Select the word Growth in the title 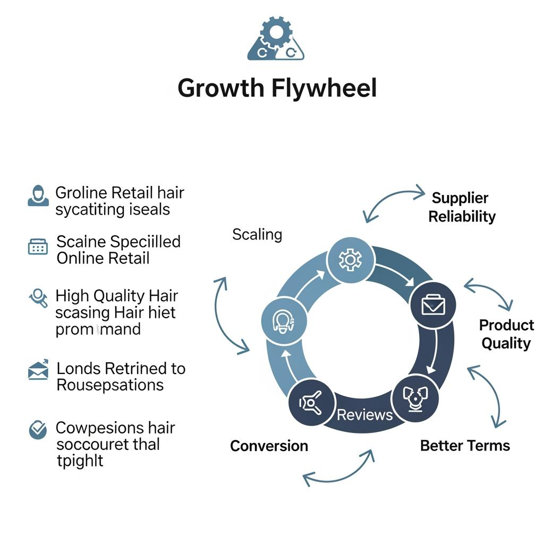(220, 88)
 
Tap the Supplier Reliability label (461, 207)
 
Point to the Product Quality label (506, 334)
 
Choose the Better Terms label (465, 445)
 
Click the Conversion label (269, 446)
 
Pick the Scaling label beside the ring (257, 234)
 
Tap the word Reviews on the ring (364, 414)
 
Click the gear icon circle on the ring (350, 260)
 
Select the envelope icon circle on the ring (433, 305)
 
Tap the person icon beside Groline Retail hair (38, 196)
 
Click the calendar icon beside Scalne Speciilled (38, 246)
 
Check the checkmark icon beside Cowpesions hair (38, 430)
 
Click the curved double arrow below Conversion (338, 467)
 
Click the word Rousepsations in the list (110, 385)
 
